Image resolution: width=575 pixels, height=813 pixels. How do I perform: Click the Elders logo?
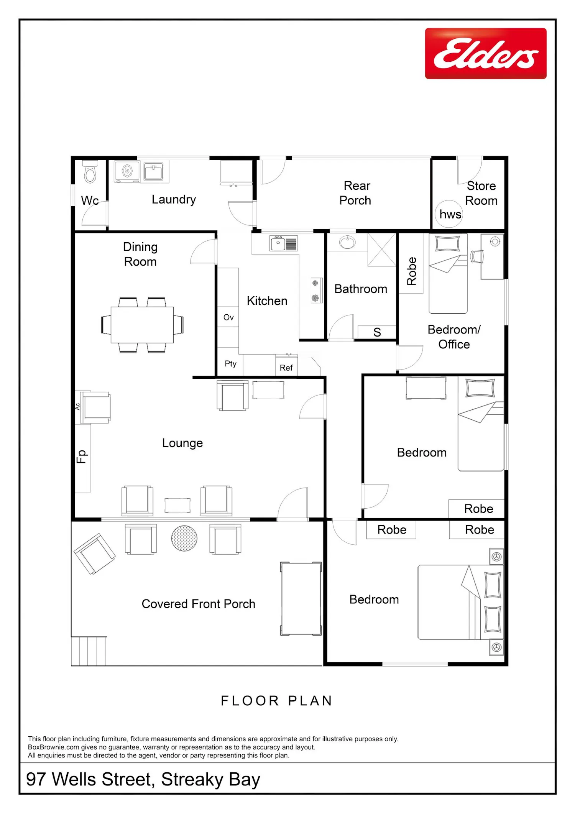click(x=486, y=53)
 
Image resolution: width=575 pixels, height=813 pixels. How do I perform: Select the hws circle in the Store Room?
click(x=449, y=214)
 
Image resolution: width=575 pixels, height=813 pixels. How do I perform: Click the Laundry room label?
click(x=174, y=200)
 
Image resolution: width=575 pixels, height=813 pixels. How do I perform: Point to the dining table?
click(x=142, y=325)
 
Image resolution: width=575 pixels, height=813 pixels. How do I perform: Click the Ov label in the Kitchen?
click(x=228, y=317)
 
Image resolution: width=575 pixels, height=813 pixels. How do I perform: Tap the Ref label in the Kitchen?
click(x=286, y=368)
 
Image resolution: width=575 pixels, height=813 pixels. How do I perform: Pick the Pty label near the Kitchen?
click(x=230, y=364)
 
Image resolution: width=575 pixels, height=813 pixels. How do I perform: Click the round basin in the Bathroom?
click(x=347, y=242)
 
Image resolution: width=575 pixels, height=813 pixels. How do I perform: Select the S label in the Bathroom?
click(x=377, y=332)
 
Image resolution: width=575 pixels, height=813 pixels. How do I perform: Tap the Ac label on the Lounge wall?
click(x=77, y=406)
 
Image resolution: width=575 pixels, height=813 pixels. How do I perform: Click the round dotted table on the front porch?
click(x=184, y=538)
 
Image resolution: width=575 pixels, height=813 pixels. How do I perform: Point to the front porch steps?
click(x=89, y=651)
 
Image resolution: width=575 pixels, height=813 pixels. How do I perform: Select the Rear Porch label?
click(x=356, y=193)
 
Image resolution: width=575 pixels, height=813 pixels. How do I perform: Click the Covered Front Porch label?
click(x=199, y=604)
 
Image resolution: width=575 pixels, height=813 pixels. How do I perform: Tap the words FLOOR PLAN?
click(x=276, y=701)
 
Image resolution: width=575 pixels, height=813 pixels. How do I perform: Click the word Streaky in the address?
click(x=192, y=779)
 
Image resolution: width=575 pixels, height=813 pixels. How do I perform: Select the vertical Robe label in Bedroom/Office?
click(x=411, y=271)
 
